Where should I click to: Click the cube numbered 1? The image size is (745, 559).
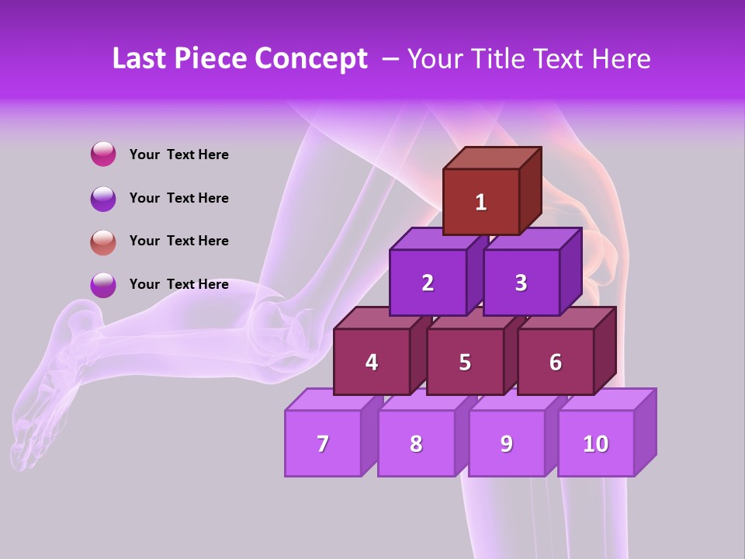coord(481,202)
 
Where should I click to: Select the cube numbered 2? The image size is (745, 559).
coord(428,283)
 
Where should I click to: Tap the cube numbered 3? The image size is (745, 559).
coord(521,283)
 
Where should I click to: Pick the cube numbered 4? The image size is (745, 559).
coord(372,362)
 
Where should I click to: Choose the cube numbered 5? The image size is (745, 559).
coord(465,362)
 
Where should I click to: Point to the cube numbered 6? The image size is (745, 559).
coord(556,362)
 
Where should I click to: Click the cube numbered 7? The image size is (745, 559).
coord(323,443)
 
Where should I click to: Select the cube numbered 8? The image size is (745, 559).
coord(416,443)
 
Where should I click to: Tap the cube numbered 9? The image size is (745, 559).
coord(507,443)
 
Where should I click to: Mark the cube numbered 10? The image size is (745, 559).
coord(596,443)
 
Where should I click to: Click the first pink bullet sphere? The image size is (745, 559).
coord(103,154)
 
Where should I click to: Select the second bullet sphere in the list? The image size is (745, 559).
coord(103,198)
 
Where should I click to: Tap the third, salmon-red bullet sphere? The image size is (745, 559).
coord(103,241)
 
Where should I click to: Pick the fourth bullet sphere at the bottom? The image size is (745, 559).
coord(103,285)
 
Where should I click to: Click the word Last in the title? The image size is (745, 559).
coord(140,59)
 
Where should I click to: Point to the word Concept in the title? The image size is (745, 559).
coord(312,59)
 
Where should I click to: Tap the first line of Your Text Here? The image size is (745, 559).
coord(178,155)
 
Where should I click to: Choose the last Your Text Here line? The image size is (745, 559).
coord(178,284)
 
